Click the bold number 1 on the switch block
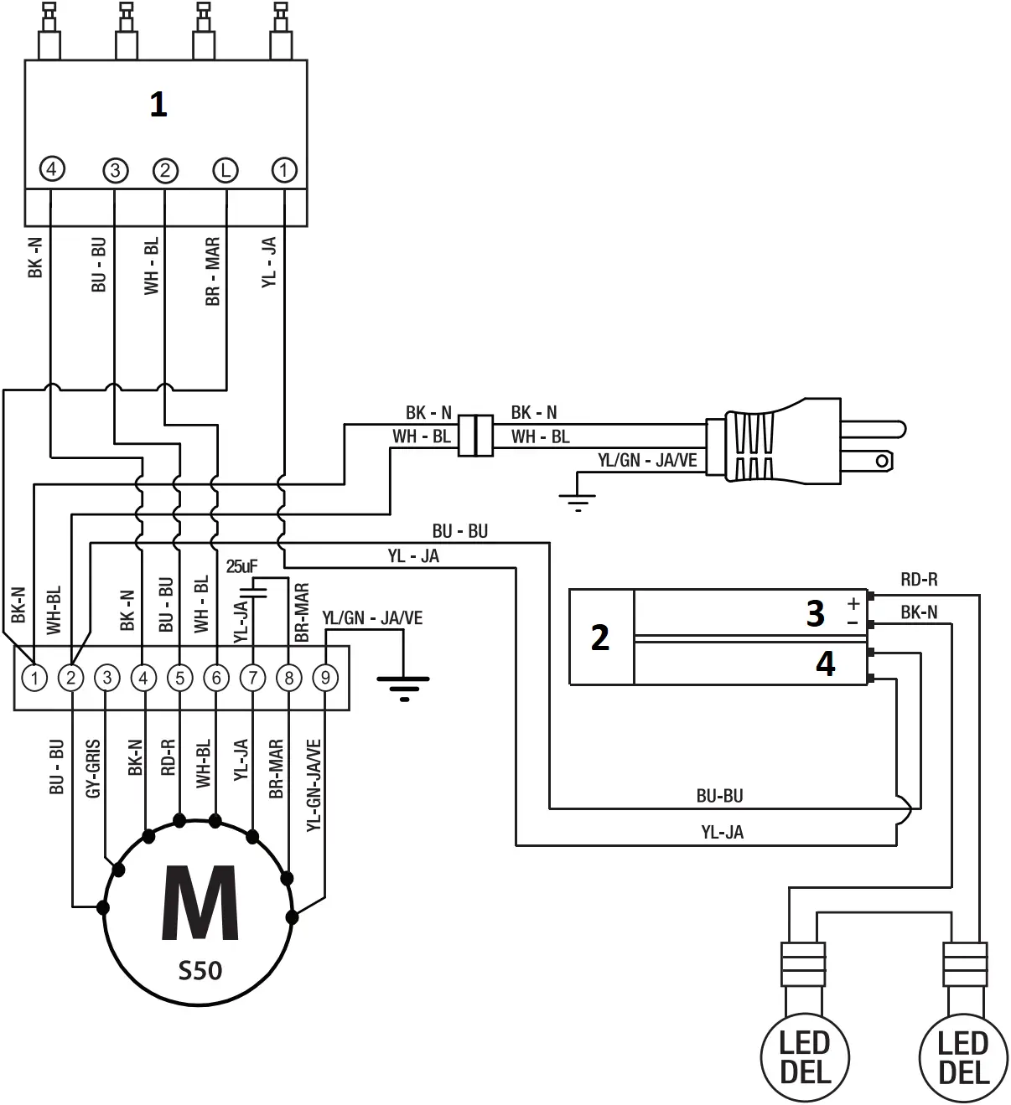click(158, 105)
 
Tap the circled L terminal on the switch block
click(225, 170)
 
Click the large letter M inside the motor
click(200, 904)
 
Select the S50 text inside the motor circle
click(200, 971)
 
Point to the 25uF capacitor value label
click(241, 566)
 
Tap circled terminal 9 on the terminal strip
click(325, 677)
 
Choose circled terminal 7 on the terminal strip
click(252, 677)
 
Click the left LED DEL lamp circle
click(805, 1057)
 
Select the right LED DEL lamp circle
click(963, 1057)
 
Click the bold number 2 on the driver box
click(600, 638)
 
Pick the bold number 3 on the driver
click(815, 614)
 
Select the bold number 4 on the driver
click(825, 664)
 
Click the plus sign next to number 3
click(853, 603)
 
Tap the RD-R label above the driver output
click(919, 579)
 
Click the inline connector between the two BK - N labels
click(476, 435)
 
